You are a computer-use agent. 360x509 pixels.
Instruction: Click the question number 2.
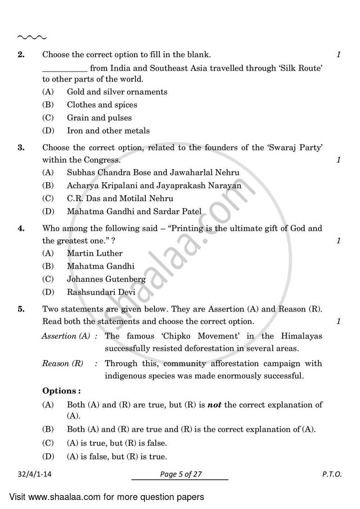pos(20,55)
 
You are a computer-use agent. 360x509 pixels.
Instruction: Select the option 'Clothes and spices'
pos(102,105)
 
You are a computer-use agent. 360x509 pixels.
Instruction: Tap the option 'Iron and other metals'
pos(108,131)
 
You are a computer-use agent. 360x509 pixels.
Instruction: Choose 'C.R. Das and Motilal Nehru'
pos(120,198)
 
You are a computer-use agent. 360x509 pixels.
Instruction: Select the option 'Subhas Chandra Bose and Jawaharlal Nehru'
pos(153,172)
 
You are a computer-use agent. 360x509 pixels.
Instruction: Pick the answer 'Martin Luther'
pos(94,253)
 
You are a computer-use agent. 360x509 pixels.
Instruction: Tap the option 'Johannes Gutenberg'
pos(106,279)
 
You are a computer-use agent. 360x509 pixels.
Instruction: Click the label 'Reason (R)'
pos(63,363)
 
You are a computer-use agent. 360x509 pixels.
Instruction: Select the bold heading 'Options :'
pos(62,391)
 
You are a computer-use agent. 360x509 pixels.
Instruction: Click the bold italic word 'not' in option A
pos(214,405)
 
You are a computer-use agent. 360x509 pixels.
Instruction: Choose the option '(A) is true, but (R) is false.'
pos(117,443)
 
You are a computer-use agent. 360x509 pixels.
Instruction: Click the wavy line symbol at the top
pos(31,38)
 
